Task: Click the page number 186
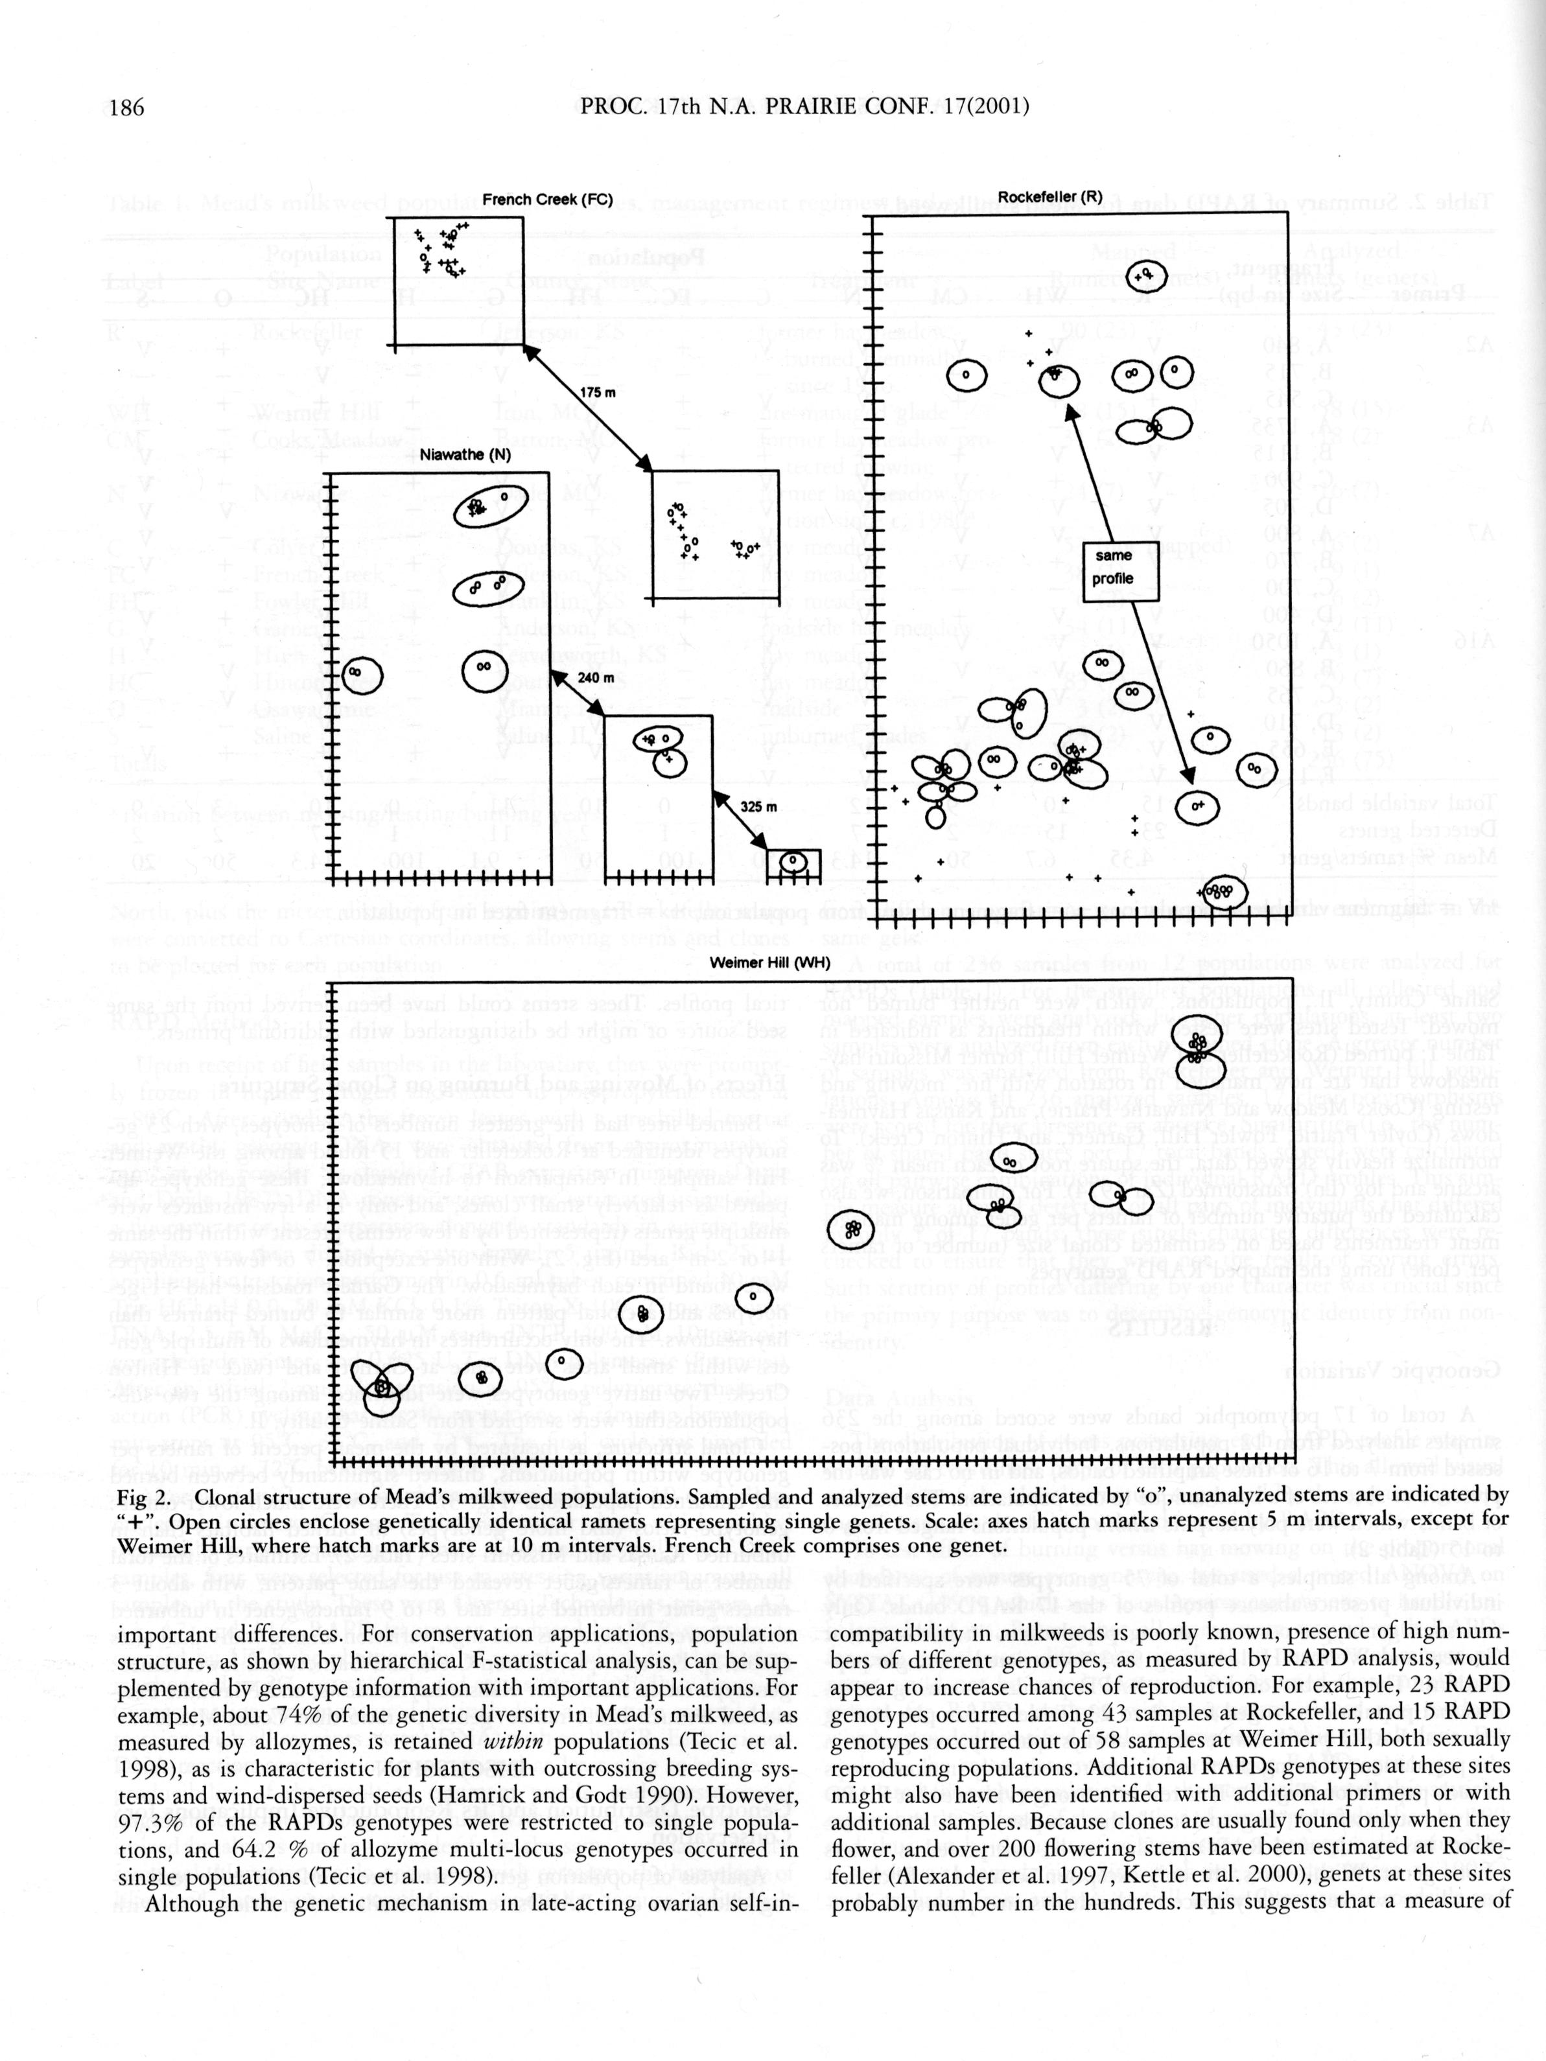[128, 107]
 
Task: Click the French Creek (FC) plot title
[547, 200]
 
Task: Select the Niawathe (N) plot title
[465, 455]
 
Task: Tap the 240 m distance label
[596, 677]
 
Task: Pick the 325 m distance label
[758, 806]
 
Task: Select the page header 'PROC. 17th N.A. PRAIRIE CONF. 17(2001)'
[804, 106]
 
